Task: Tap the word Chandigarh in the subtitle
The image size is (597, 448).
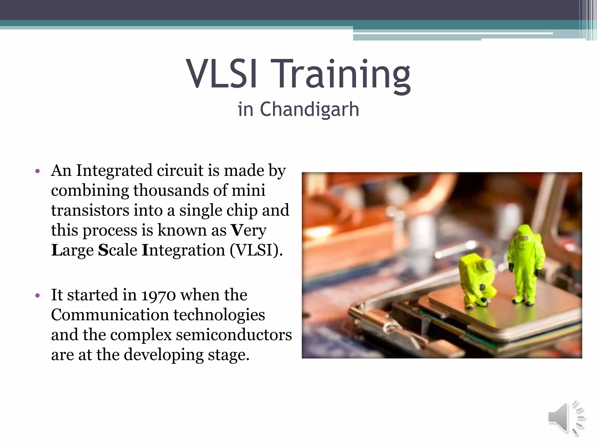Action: point(309,109)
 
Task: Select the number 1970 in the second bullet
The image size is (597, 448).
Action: point(159,295)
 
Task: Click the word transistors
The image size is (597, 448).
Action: point(90,210)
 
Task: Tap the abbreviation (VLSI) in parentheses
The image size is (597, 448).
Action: point(256,250)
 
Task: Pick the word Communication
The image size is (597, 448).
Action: point(110,315)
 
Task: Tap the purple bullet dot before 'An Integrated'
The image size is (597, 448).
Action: point(37,171)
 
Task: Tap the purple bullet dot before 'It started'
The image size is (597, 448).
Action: point(37,295)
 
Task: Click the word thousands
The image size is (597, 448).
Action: point(171,190)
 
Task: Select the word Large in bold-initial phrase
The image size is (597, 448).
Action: point(73,250)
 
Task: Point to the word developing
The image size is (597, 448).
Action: point(164,355)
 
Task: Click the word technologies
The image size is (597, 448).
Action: point(219,315)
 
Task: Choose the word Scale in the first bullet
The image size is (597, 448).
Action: point(117,250)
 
